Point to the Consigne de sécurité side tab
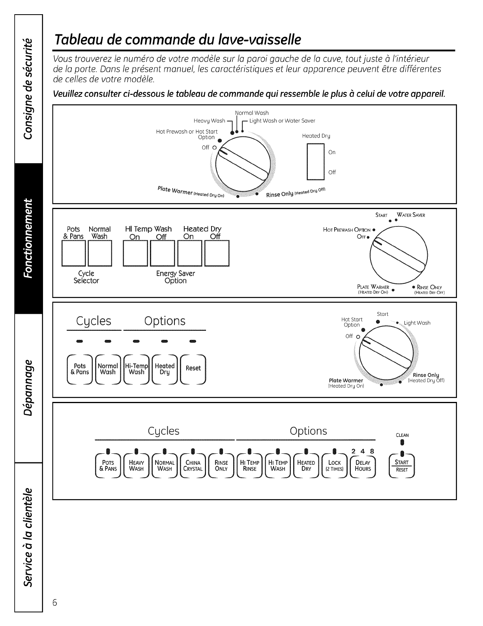pyautogui.click(x=28, y=89)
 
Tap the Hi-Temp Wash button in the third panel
pyautogui.click(x=137, y=369)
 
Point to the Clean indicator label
pyautogui.click(x=402, y=435)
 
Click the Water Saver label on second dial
pyautogui.click(x=411, y=215)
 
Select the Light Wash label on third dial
pyautogui.click(x=417, y=323)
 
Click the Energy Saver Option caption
pyautogui.click(x=176, y=277)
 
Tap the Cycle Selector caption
pyautogui.click(x=86, y=277)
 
